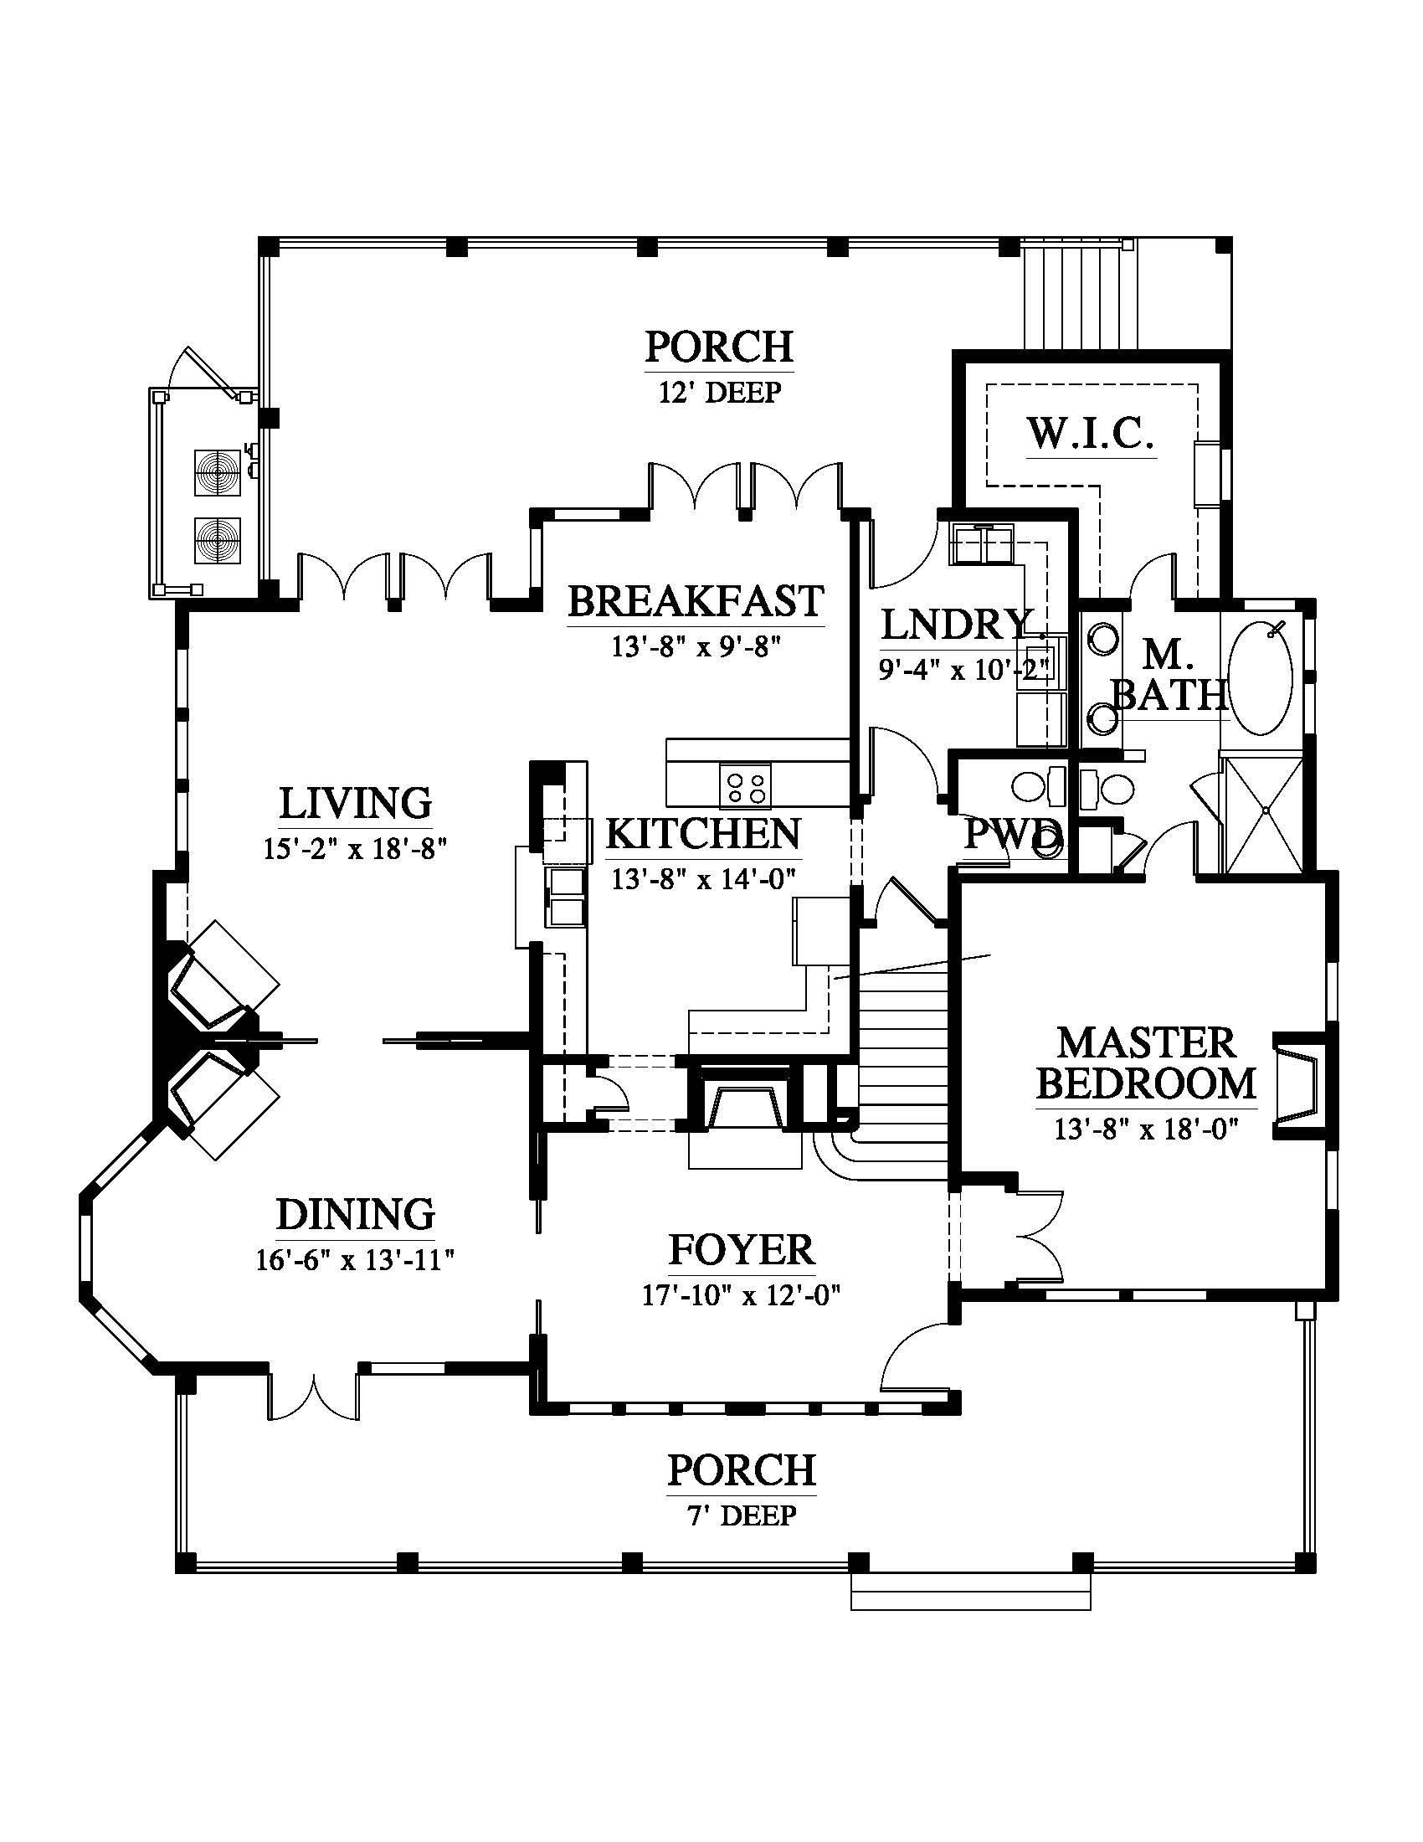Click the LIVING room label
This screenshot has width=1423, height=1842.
pyautogui.click(x=355, y=803)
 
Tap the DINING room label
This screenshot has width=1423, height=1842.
pyautogui.click(x=356, y=1215)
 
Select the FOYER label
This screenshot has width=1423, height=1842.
pyautogui.click(x=742, y=1250)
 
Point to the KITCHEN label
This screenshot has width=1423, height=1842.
pyautogui.click(x=703, y=833)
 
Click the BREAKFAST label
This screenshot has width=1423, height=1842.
pyautogui.click(x=696, y=600)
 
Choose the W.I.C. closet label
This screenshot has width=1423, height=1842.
pyautogui.click(x=1090, y=434)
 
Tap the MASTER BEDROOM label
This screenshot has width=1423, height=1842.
pyautogui.click(x=1147, y=1062)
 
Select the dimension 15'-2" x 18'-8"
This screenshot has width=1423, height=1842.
pyautogui.click(x=355, y=848)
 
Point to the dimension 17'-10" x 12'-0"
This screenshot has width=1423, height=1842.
pyautogui.click(x=742, y=1294)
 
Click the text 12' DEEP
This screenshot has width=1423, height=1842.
pyautogui.click(x=719, y=392)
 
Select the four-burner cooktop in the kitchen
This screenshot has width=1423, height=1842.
pyautogui.click(x=745, y=785)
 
